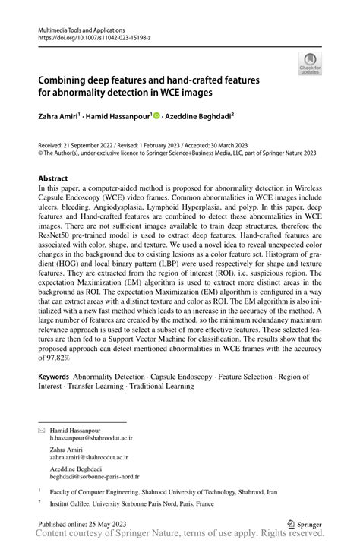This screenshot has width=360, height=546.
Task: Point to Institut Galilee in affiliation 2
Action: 74,503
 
